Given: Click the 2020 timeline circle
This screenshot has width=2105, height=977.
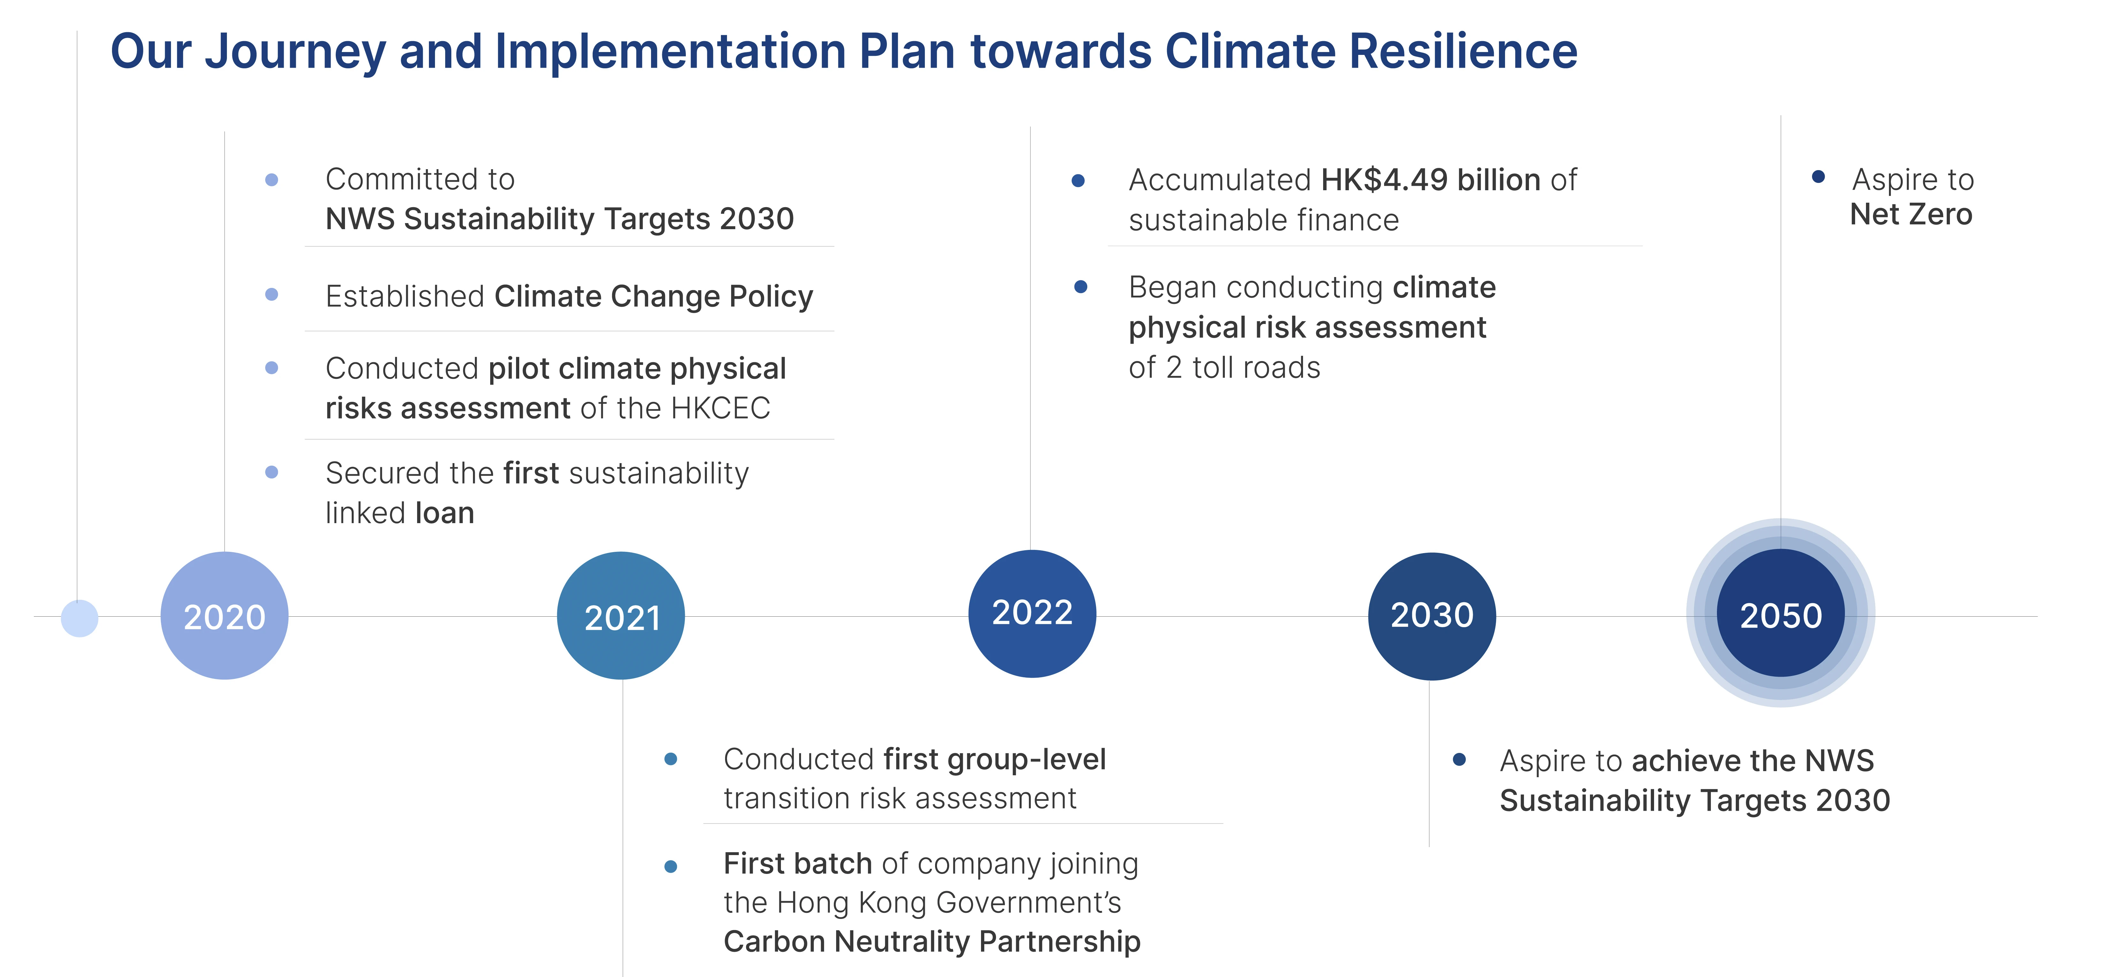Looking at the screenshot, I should point(225,616).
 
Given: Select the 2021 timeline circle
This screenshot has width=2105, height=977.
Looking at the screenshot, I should point(621,616).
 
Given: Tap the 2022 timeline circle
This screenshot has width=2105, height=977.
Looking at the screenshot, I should point(1032,613).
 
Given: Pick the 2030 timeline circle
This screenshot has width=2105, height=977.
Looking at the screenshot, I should point(1432,616).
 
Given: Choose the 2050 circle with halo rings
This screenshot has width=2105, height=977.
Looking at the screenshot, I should point(1780,613).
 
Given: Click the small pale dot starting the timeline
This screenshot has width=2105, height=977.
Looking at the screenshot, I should point(79,618).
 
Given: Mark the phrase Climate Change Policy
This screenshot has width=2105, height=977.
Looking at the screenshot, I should point(654,296).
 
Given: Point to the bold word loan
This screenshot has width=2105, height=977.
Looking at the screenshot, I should point(445,513).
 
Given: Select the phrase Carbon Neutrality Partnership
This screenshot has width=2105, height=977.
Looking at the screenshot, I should point(932,942).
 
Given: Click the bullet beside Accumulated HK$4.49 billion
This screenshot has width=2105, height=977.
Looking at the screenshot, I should point(1078,181).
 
